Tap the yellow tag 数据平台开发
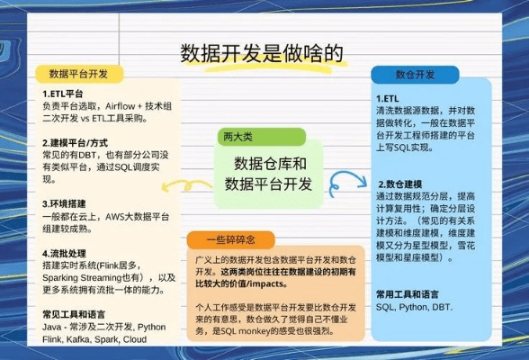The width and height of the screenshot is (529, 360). tap(78, 73)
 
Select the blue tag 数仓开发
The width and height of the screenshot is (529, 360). tap(415, 74)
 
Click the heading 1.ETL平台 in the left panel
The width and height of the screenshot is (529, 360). tap(63, 93)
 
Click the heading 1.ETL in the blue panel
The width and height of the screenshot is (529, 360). tap(387, 98)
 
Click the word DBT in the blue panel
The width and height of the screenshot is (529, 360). tap(442, 307)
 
